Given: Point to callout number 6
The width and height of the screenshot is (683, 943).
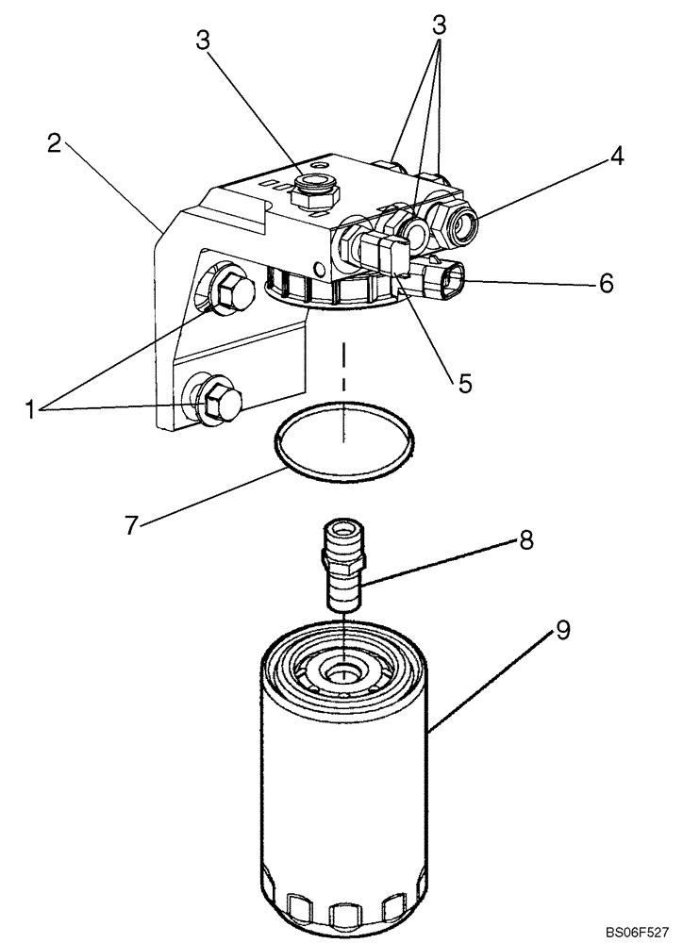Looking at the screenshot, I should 606,281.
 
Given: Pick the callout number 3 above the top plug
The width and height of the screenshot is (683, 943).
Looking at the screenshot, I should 202,40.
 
